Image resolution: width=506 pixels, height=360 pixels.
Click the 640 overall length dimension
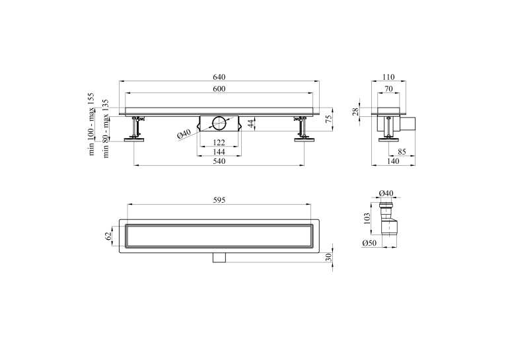coord(219,77)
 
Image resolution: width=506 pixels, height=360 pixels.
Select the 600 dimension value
coord(219,89)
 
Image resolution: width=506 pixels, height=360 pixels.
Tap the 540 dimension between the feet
coord(219,161)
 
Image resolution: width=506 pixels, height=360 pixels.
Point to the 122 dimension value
coord(219,142)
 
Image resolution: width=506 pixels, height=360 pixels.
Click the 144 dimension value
coord(219,152)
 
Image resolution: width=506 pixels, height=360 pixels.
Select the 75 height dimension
coord(329,119)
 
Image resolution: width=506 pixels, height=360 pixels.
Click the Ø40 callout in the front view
coord(184,134)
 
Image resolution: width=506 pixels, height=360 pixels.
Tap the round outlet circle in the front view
coord(219,124)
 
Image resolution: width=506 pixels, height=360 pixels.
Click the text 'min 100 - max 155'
coord(92,124)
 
